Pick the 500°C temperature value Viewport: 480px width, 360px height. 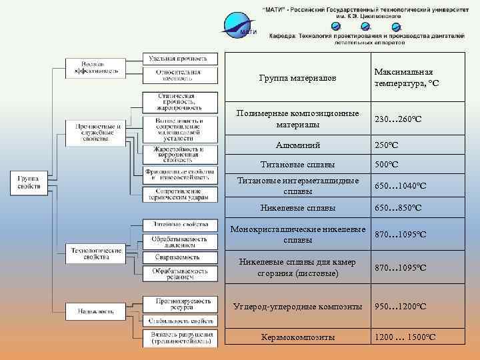click(x=387, y=164)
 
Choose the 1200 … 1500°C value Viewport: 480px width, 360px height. click(x=405, y=337)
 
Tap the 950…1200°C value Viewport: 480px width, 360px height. click(x=400, y=307)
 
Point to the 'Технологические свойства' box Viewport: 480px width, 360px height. click(x=96, y=253)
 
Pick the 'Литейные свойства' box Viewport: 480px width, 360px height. click(x=180, y=224)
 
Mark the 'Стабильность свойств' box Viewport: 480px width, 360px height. click(x=180, y=321)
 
